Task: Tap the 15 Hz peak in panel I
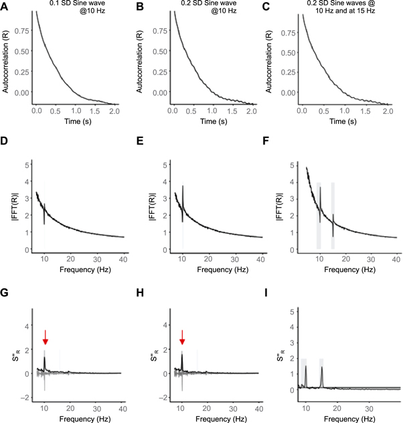click(323, 367)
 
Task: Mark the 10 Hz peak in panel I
click(306, 367)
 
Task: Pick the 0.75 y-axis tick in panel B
click(160, 29)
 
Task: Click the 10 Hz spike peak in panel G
click(45, 358)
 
